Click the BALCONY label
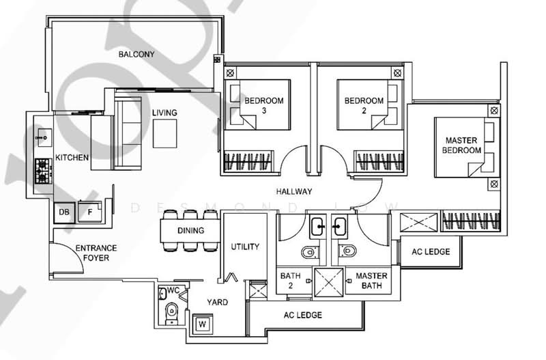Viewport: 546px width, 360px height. (x=136, y=54)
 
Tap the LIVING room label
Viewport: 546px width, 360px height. (x=164, y=113)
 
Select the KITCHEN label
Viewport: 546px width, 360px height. (x=72, y=158)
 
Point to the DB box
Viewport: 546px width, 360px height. (x=64, y=212)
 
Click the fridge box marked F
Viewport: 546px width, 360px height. (x=89, y=212)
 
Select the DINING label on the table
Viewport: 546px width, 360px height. (x=190, y=231)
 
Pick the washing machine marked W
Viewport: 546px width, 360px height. (x=203, y=323)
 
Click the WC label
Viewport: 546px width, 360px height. (x=173, y=290)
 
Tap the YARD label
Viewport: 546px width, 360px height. (x=218, y=302)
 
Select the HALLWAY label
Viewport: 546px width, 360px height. (x=294, y=192)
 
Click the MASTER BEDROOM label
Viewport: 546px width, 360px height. (x=461, y=145)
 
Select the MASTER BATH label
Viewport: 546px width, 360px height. (x=371, y=281)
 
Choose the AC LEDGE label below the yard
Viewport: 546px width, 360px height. (x=302, y=315)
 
